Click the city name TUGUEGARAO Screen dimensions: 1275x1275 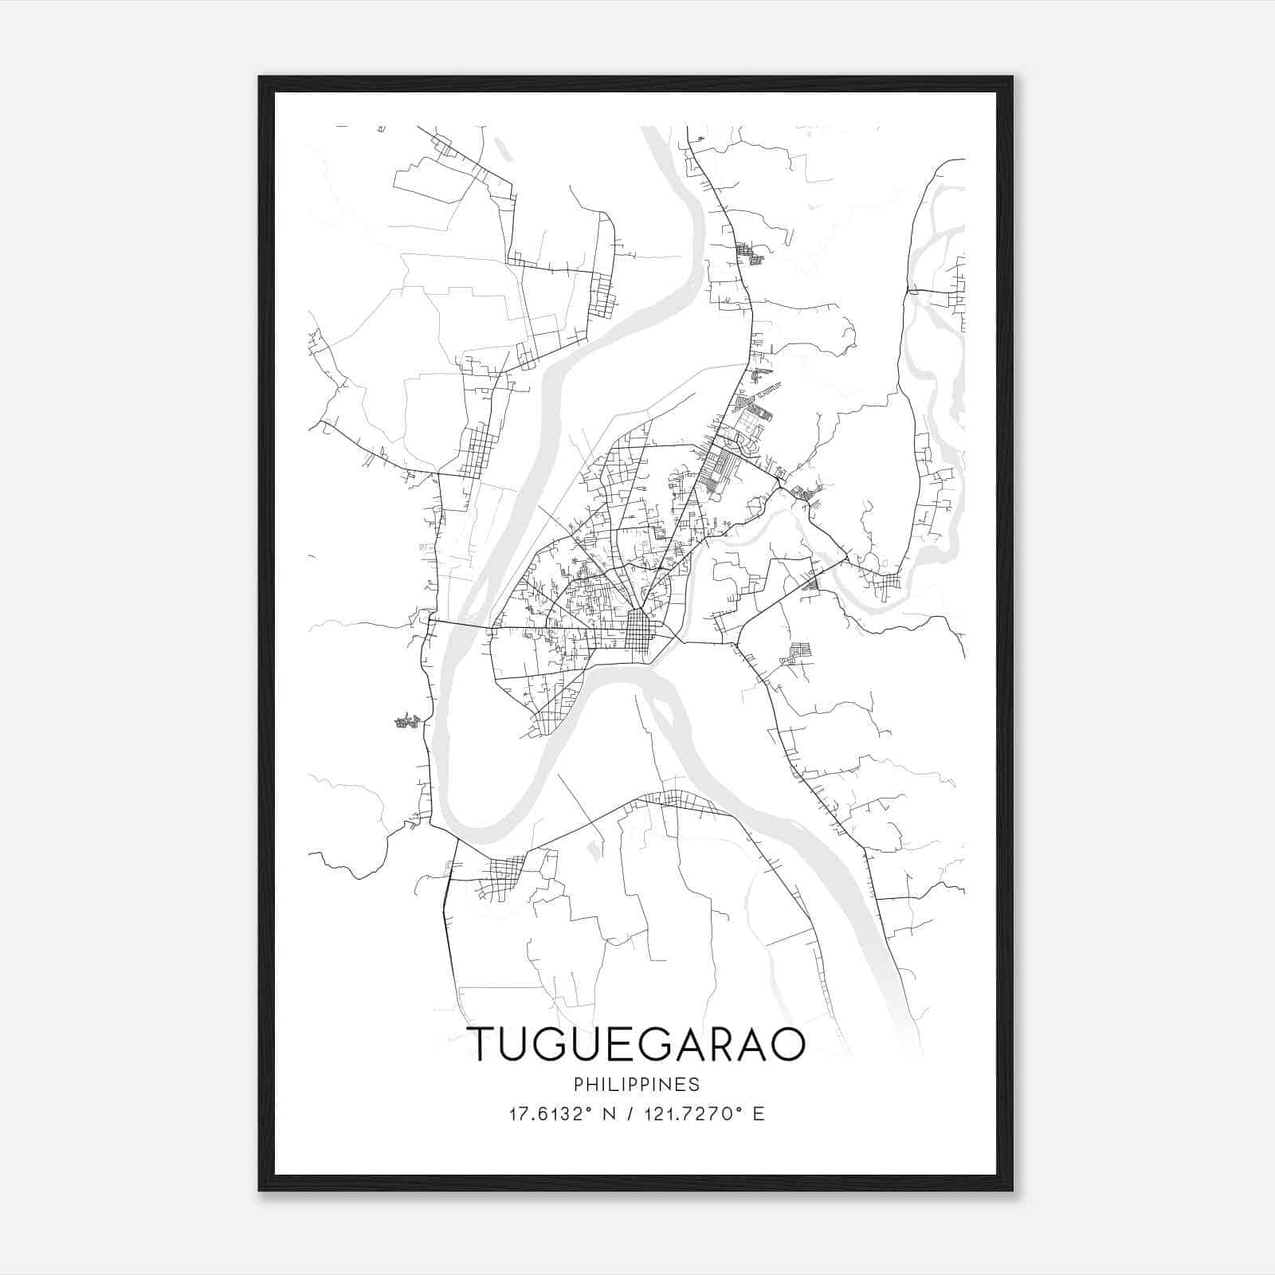click(x=636, y=1045)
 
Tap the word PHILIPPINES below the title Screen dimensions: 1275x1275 click(x=636, y=1085)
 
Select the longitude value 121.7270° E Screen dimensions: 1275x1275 click(x=706, y=1114)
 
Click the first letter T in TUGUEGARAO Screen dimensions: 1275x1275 click(x=482, y=1045)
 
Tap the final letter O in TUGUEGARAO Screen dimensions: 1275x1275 click(x=787, y=1045)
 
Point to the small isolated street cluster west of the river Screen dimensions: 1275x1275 click(x=407, y=721)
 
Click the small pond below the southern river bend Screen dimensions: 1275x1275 click(x=592, y=849)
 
